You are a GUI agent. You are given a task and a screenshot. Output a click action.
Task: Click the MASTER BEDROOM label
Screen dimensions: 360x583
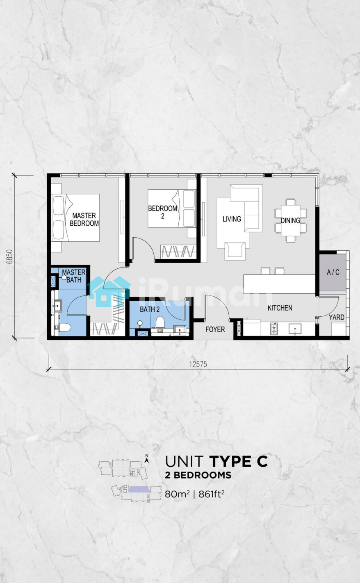[x=84, y=220]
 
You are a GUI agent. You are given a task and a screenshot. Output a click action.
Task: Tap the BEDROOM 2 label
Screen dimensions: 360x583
[x=162, y=212]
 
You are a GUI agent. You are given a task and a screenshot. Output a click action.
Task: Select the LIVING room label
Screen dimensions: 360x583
[x=232, y=219]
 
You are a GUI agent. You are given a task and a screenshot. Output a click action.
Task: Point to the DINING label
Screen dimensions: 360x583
[x=290, y=220]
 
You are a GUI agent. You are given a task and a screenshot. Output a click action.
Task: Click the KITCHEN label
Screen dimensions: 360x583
[x=280, y=308]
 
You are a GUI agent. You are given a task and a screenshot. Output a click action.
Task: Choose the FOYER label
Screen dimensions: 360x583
[x=215, y=329]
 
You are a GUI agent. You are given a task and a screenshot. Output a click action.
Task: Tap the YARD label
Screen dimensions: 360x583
[x=337, y=317]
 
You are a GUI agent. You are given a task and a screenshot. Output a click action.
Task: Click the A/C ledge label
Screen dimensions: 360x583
[x=333, y=272]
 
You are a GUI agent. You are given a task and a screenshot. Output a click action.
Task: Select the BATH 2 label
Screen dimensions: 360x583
[x=150, y=309]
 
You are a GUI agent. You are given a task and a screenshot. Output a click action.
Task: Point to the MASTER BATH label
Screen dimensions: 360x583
[x=74, y=276]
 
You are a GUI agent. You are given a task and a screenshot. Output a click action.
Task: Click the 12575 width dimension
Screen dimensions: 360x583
[x=198, y=364]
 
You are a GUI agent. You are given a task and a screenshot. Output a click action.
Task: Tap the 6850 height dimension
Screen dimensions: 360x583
[x=9, y=256]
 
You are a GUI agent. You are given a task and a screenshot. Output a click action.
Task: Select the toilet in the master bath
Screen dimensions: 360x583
[x=65, y=328]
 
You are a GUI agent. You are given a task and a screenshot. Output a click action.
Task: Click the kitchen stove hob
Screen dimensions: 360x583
[x=274, y=329]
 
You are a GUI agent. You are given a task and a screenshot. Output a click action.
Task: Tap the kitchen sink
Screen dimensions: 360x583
[x=295, y=329]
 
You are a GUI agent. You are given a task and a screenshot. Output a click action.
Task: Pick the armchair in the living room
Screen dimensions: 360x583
[x=235, y=251]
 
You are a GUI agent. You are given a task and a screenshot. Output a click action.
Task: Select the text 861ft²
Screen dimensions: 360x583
[x=212, y=493]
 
